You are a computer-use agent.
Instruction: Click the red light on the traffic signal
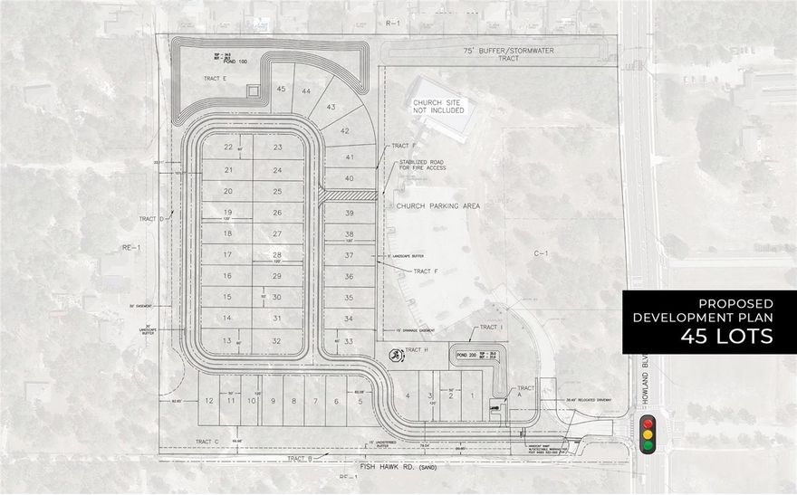click(x=647, y=423)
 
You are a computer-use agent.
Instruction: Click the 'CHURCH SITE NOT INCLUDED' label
click(x=439, y=107)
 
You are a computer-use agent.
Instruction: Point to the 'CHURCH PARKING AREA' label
click(x=437, y=206)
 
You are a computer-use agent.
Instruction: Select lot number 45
click(x=281, y=89)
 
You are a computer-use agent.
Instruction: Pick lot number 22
click(x=228, y=147)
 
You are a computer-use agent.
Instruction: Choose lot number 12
click(x=209, y=400)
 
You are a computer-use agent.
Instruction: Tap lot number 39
click(x=349, y=213)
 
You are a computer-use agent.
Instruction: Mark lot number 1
click(x=470, y=395)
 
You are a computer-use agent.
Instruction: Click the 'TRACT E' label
click(x=215, y=80)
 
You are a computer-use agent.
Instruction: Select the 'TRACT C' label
click(x=207, y=441)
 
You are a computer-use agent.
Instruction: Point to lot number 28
click(x=277, y=254)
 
